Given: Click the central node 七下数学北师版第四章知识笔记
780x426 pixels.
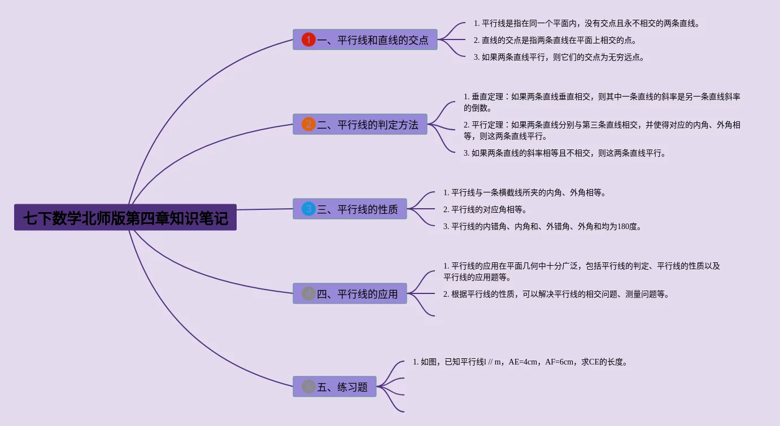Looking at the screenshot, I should [125, 217].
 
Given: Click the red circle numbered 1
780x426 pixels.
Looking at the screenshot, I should [308, 39].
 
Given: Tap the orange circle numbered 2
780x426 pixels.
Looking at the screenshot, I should [308, 125].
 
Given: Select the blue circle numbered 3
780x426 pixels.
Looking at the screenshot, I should [308, 209].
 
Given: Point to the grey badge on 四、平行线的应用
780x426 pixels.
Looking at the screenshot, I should [308, 294].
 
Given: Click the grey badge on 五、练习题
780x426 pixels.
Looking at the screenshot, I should [308, 387].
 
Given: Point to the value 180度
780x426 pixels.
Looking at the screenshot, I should [627, 226].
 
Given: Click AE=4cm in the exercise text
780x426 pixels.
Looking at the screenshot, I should [523, 362].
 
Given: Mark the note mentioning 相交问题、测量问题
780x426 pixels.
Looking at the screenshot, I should [556, 294].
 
